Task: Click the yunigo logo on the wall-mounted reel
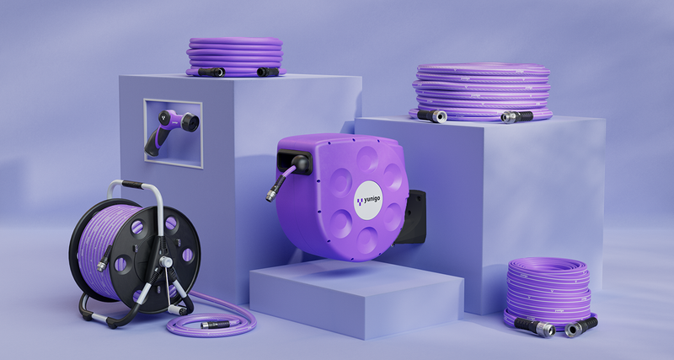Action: point(368,201)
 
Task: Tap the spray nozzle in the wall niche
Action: point(171,130)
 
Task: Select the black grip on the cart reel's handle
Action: point(132,185)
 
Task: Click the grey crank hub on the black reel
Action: point(165,261)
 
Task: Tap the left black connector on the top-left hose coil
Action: point(211,73)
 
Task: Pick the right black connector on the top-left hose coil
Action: point(268,72)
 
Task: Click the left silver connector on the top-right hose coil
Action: point(432,116)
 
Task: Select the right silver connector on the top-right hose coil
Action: point(516,116)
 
